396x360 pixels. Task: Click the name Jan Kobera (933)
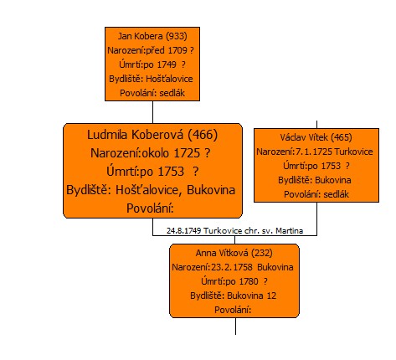pyautogui.click(x=152, y=36)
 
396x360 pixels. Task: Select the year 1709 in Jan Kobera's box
pyautogui.click(x=177, y=50)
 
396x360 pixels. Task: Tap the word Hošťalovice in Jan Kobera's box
pyautogui.click(x=169, y=79)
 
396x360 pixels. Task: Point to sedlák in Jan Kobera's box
pyautogui.click(x=172, y=93)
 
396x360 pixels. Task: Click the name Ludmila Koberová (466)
pyautogui.click(x=152, y=135)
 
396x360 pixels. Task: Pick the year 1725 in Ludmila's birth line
pyautogui.click(x=187, y=153)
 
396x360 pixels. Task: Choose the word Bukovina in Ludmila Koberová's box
pyautogui.click(x=211, y=190)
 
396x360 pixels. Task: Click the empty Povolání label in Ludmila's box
pyautogui.click(x=150, y=208)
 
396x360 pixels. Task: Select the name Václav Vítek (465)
pyautogui.click(x=316, y=137)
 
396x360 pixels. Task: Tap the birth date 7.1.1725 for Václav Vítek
pyautogui.click(x=314, y=152)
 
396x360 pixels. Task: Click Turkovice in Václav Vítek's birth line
pyautogui.click(x=353, y=152)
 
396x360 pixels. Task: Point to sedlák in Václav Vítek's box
pyautogui.click(x=337, y=194)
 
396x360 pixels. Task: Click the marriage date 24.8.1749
pyautogui.click(x=184, y=231)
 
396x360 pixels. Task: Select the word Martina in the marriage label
pyautogui.click(x=290, y=231)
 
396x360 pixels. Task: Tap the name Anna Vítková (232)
pyautogui.click(x=234, y=253)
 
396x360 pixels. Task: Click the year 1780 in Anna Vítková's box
pyautogui.click(x=249, y=281)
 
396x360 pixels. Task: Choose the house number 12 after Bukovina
pyautogui.click(x=271, y=296)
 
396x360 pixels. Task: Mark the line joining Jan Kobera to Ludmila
pyautogui.click(x=152, y=112)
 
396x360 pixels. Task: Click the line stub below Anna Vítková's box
pyautogui.click(x=235, y=327)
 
